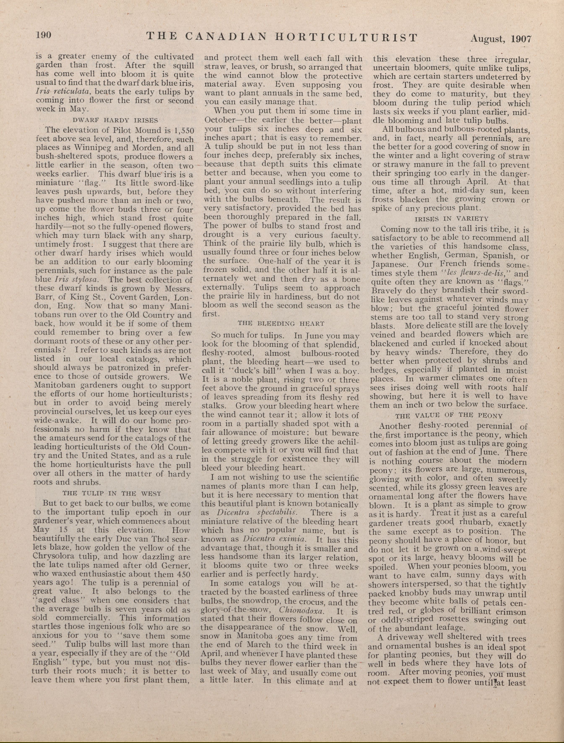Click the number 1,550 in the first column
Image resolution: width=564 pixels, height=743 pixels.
point(181,130)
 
